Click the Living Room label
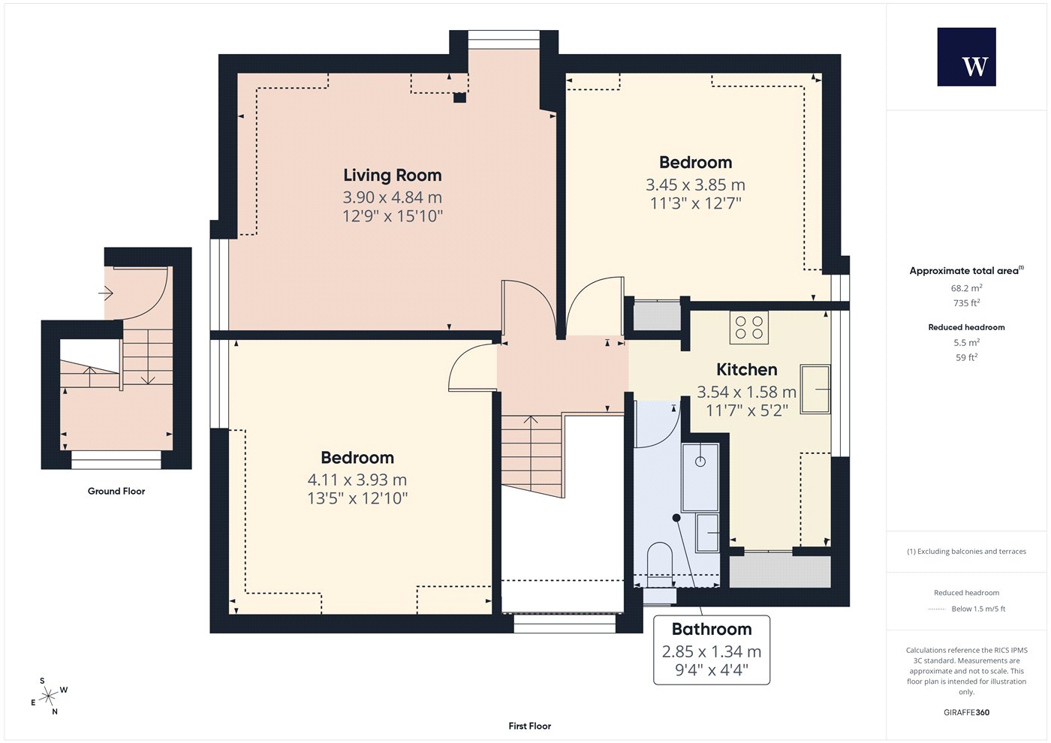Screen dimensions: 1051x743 pos(392,176)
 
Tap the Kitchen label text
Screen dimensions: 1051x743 pos(746,369)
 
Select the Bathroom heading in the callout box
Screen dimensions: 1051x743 pos(712,629)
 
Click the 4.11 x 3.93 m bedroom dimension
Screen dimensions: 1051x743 pos(357,480)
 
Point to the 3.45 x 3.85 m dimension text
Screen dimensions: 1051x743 pos(695,185)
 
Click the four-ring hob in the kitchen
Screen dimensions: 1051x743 pos(749,327)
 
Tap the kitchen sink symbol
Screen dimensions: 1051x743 pos(815,390)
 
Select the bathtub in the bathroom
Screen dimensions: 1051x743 pos(700,477)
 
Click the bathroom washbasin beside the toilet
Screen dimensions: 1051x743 pos(707,533)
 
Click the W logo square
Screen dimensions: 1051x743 pos(967,57)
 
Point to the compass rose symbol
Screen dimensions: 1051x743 pos(48,696)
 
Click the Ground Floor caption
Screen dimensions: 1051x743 pos(116,491)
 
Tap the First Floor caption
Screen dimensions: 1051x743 pos(530,726)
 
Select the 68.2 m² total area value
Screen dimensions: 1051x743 pos(967,287)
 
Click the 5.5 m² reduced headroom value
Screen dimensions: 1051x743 pos(967,342)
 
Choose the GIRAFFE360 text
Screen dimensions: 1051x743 pos(967,712)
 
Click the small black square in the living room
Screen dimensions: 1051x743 pos(459,98)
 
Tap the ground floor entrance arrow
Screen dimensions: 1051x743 pos(106,293)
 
